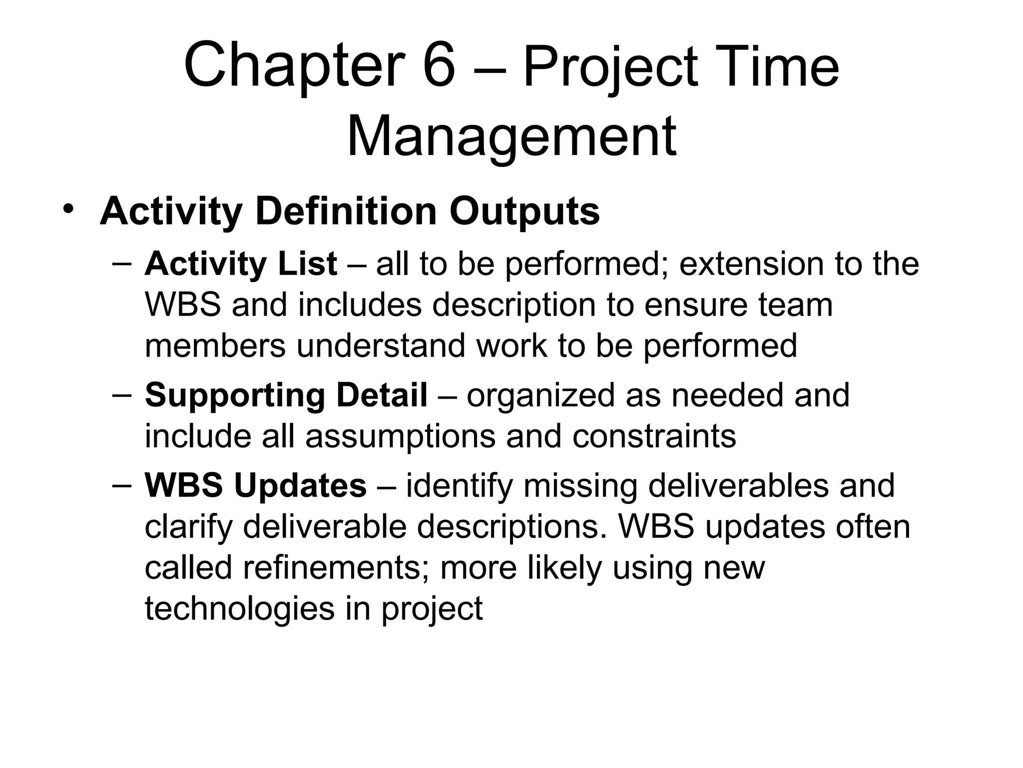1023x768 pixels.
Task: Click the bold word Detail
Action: tap(382, 395)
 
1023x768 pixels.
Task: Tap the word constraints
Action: tap(654, 436)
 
